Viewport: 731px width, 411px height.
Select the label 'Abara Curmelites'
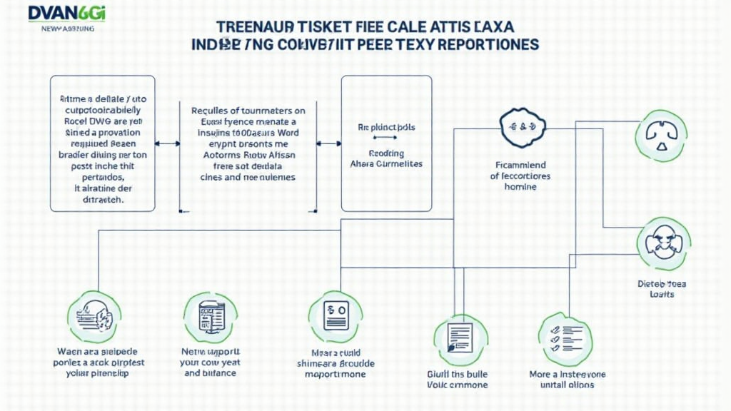pyautogui.click(x=386, y=163)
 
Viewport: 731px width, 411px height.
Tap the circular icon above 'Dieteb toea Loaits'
pyautogui.click(x=663, y=244)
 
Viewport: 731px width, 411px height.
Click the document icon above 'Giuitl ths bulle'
pyautogui.click(x=460, y=339)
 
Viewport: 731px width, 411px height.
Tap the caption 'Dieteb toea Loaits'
pyautogui.click(x=660, y=288)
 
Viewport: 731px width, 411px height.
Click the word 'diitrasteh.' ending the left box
pyautogui.click(x=99, y=201)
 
